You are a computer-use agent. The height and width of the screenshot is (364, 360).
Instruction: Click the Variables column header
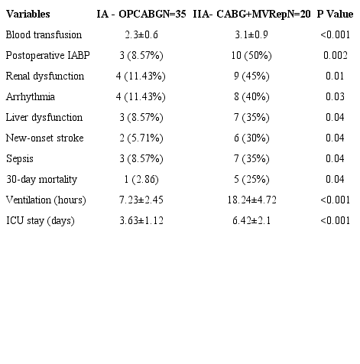28,15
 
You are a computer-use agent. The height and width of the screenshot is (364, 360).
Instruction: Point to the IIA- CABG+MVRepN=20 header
251,15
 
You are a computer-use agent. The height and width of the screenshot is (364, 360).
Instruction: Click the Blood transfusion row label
44,35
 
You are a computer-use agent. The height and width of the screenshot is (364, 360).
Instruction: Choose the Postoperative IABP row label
44,56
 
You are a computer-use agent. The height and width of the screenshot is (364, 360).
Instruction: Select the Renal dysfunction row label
44,76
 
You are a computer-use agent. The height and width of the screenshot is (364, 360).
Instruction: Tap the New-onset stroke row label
44,138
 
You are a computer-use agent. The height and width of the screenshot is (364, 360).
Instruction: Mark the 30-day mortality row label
40,179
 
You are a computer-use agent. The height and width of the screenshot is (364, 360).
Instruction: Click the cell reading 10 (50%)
252,56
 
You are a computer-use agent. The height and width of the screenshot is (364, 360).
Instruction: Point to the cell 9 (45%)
252,76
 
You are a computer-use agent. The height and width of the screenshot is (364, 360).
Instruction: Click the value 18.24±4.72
252,200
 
